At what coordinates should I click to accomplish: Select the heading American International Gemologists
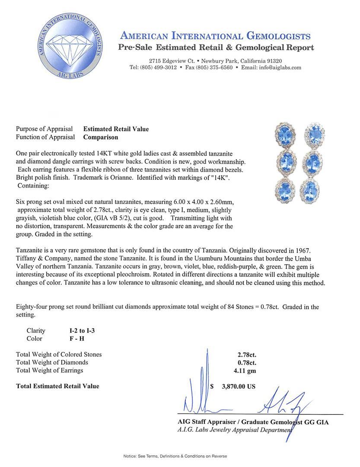[215, 36]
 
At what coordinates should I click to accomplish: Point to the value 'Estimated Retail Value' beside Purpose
[116, 129]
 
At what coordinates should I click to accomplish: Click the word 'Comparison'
[101, 138]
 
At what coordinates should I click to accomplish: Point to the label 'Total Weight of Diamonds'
[52, 362]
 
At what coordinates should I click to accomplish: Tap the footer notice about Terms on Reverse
[175, 456]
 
